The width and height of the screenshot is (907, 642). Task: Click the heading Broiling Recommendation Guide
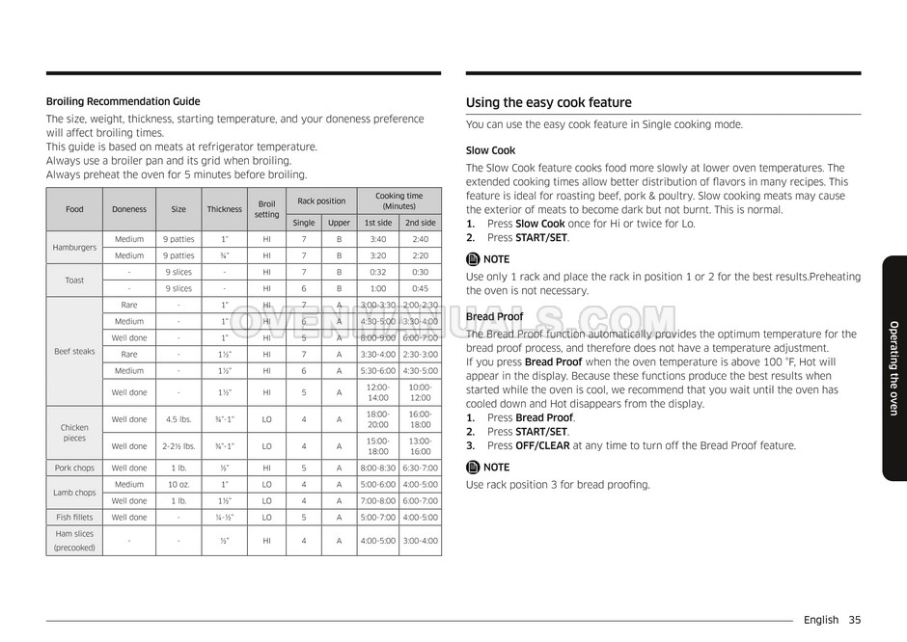(124, 101)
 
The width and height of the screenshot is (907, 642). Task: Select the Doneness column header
(129, 209)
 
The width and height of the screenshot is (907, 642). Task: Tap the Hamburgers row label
(74, 248)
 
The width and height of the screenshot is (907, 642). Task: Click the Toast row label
(74, 281)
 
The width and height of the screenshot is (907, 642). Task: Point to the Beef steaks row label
(74, 352)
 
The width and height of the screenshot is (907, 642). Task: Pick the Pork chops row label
(74, 468)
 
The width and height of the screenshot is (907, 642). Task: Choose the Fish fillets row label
(74, 518)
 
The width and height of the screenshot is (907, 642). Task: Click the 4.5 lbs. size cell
(179, 419)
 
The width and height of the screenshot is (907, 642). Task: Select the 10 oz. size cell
(179, 485)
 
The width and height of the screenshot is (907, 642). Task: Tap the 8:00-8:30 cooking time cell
(378, 468)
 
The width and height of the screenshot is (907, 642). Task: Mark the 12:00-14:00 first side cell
(378, 392)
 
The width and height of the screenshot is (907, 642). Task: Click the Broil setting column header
(266, 209)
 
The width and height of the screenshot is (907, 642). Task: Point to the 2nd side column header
(421, 223)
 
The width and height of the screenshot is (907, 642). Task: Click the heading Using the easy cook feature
(548, 103)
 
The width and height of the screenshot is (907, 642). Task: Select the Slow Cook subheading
(490, 150)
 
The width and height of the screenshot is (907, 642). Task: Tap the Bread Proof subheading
(494, 316)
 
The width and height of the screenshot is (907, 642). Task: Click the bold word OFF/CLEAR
(543, 445)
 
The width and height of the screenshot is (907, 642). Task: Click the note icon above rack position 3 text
(473, 468)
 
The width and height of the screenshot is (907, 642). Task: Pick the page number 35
(855, 620)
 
